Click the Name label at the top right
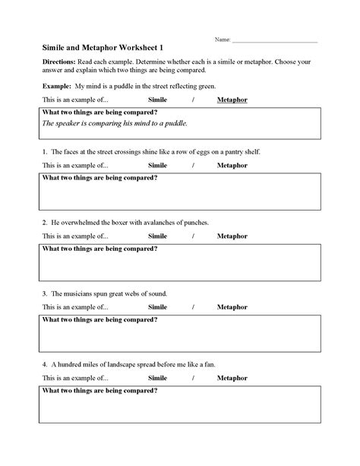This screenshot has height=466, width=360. pos(222,38)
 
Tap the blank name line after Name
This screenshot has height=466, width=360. pos(274,40)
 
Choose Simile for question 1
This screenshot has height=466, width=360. pos(157,164)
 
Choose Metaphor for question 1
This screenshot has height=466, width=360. pos(232,164)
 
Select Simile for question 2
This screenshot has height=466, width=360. pos(157,236)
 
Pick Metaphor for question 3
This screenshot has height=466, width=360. pos(232,306)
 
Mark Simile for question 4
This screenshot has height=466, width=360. pos(157,378)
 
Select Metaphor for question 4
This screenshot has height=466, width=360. pos(232,378)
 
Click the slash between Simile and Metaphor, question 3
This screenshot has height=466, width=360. pos(194,306)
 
